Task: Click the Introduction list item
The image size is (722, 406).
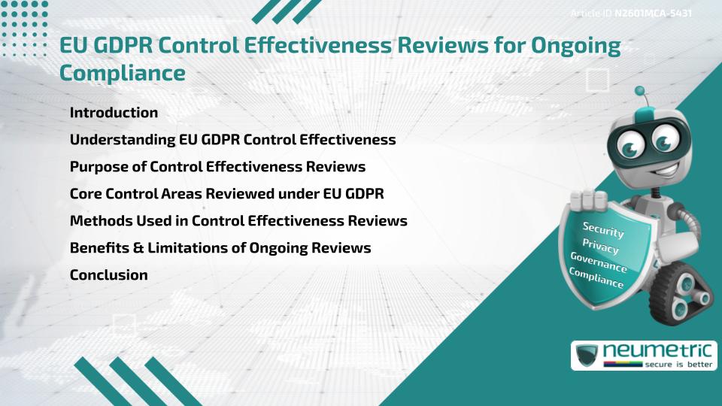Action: click(x=114, y=113)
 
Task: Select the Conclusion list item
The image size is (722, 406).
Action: click(x=108, y=275)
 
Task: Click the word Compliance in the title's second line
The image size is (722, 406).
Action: click(x=122, y=73)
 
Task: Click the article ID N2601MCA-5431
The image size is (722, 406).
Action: click(x=653, y=14)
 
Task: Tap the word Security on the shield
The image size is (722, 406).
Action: click(x=603, y=229)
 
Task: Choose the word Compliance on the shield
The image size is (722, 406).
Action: click(x=596, y=278)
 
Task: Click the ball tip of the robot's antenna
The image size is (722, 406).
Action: click(x=640, y=92)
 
